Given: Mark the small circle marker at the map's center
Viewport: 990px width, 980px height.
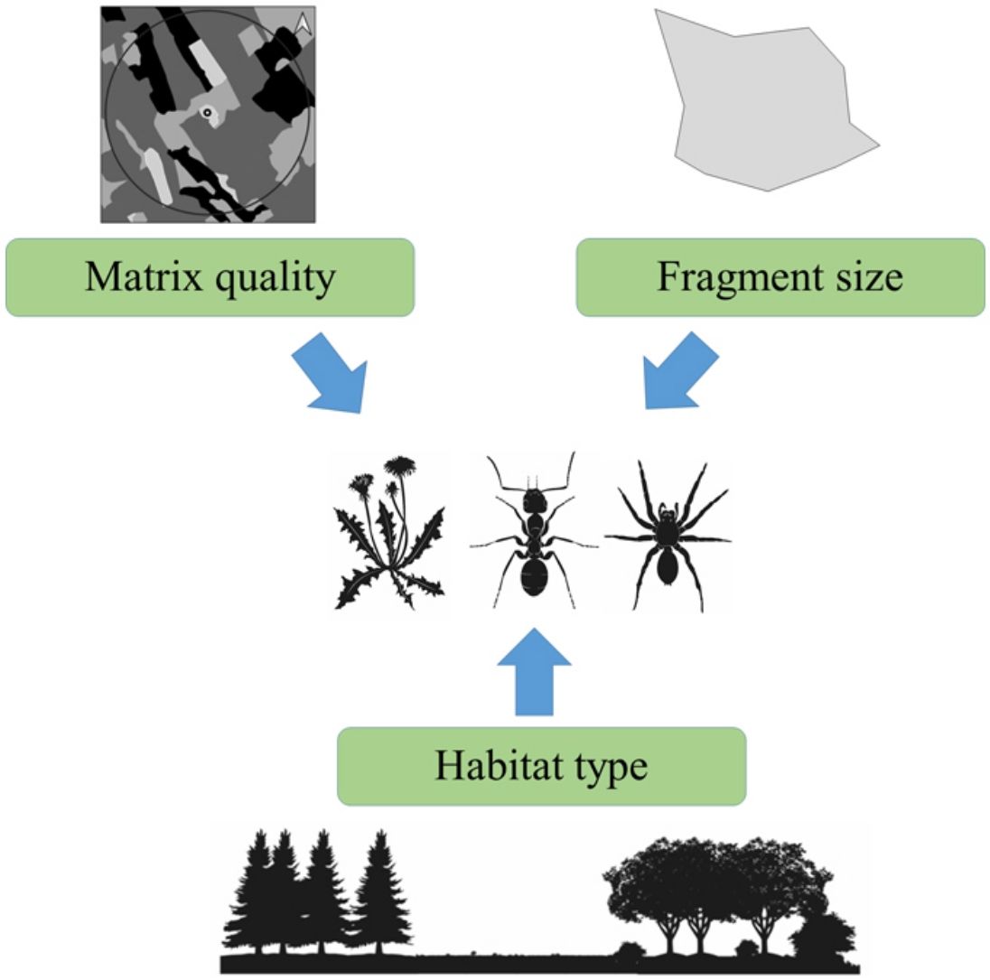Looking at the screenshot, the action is click(207, 113).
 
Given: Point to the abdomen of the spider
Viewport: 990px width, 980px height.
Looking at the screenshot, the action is click(668, 566).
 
